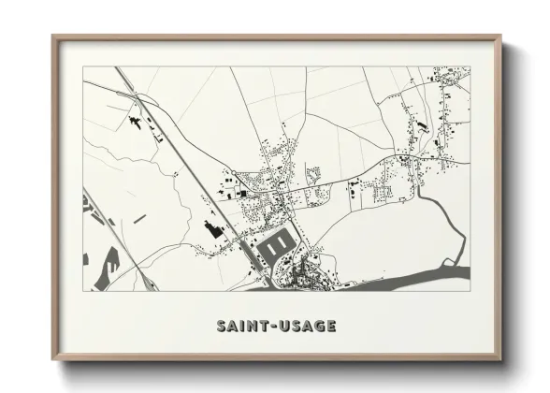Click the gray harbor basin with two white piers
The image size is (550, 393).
(x=277, y=245)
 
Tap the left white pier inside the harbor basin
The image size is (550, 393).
(x=271, y=245)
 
